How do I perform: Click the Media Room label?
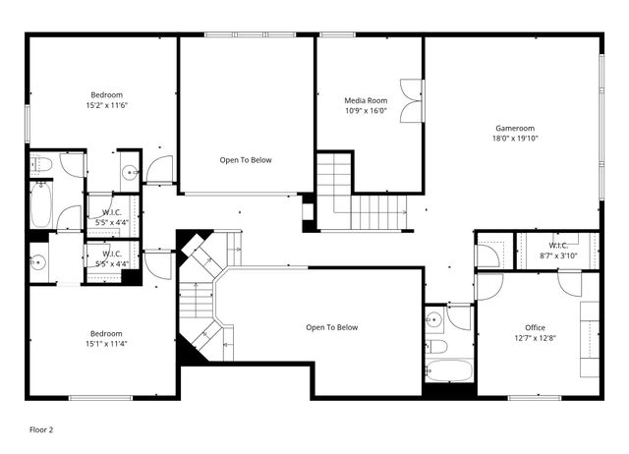coord(366,100)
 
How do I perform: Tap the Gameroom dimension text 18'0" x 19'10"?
coord(516,139)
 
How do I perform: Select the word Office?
coord(535,328)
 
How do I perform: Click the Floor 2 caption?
coord(41,429)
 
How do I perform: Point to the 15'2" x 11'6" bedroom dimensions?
coord(106,105)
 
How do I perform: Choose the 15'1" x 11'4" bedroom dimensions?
coord(106,344)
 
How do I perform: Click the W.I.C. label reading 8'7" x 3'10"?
coord(557,251)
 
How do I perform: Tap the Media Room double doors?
coord(412,101)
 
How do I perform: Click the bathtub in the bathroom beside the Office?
coord(449,370)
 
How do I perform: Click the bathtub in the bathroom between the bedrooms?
coord(42,204)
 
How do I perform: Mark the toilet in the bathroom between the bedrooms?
coord(41,164)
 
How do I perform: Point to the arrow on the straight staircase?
coord(402,211)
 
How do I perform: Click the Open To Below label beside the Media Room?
coord(246,160)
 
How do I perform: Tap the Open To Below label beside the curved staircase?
coord(332,328)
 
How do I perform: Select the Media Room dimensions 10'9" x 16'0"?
coord(366,111)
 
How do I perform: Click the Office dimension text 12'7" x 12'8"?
coord(535,339)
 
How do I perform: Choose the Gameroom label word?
coord(516,128)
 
